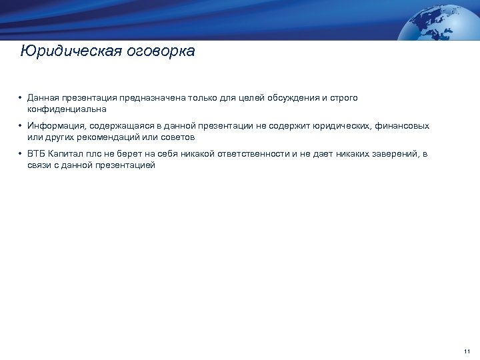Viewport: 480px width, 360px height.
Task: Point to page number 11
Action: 466,351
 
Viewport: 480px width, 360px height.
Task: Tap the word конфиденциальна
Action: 67,108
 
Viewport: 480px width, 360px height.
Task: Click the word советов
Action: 176,137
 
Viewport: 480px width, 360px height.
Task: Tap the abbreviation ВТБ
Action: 36,154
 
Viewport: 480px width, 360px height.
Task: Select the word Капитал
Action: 67,154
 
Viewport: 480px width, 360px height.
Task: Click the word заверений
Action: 395,154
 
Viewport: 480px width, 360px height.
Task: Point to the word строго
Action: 343,97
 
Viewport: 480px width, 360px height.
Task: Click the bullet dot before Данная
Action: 21,98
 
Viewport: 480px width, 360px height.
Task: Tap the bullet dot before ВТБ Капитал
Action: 21,154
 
